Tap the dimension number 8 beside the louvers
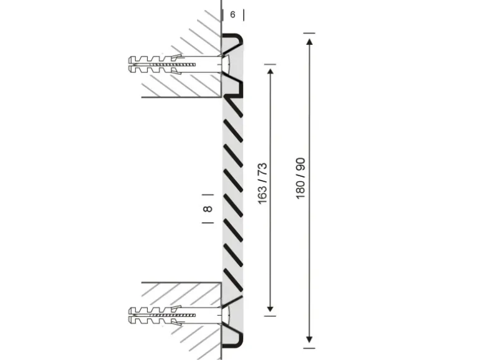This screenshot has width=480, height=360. pyautogui.click(x=209, y=209)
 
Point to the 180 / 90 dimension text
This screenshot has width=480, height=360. pyautogui.click(x=300, y=178)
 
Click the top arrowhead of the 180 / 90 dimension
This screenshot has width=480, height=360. pyautogui.click(x=309, y=41)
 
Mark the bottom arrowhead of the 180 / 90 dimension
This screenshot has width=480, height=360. pyautogui.click(x=309, y=339)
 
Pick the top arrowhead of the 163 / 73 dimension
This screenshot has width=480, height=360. pyautogui.click(x=270, y=72)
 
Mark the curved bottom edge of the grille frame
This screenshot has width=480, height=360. pyautogui.click(x=234, y=344)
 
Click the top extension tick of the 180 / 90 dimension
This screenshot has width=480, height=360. pyautogui.click(x=309, y=33)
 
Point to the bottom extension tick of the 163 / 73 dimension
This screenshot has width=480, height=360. pyautogui.click(x=270, y=315)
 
